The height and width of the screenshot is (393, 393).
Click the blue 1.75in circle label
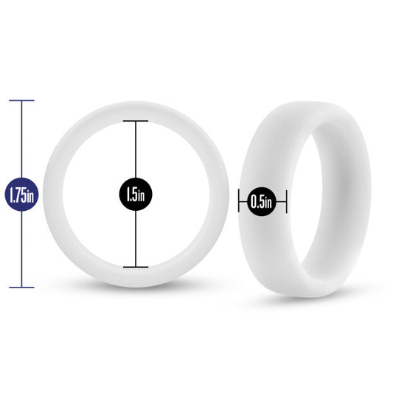pos(21,194)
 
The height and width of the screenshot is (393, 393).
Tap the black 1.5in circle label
pos(136,194)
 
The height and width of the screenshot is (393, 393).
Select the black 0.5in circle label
pos(262,201)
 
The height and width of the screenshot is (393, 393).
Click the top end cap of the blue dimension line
pos(21,100)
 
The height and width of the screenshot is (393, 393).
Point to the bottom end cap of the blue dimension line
pos(21,288)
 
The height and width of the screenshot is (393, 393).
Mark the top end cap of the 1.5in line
pos(136,121)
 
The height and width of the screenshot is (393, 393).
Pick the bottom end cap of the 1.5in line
pos(136,267)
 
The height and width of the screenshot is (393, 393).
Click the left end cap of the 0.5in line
pos(239,201)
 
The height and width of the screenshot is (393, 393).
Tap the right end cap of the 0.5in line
pos(286,201)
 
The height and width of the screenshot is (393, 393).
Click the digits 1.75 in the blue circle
pos(18,195)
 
